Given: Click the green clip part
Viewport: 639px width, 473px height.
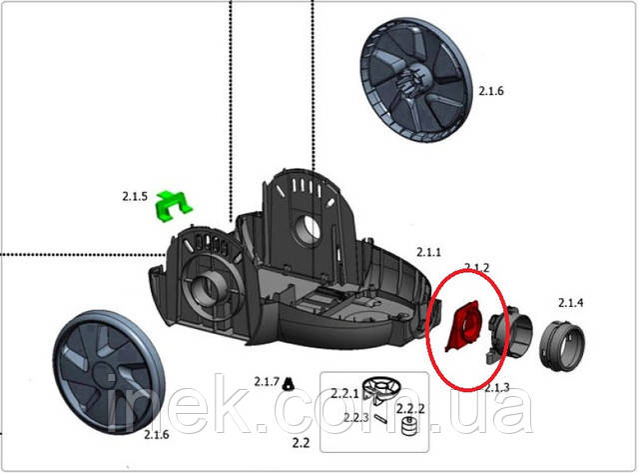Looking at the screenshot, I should [174, 206].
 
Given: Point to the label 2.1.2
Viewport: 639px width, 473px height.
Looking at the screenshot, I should [476, 267].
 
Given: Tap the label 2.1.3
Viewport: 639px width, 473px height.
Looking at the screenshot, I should [496, 387].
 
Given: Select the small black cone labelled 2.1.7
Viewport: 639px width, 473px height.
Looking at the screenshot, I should [289, 382].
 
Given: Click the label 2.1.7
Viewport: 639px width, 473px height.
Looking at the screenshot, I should [266, 382].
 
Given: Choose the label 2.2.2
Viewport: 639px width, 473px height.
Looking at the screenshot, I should [410, 409].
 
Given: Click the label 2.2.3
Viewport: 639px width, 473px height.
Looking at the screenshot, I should [356, 417].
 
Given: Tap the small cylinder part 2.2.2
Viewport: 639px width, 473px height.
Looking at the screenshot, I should [406, 428].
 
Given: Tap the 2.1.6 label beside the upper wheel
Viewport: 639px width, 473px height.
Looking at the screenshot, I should [491, 91].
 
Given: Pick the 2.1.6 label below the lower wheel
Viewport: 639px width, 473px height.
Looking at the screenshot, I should [158, 435].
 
